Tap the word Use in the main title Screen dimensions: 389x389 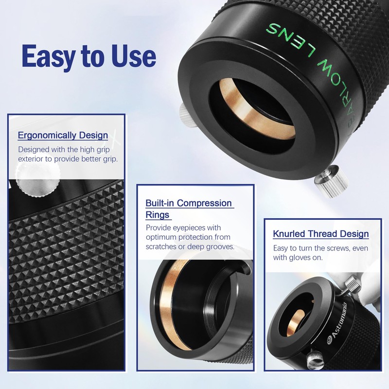[x=133, y=56]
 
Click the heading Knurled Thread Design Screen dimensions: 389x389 [x=320, y=234]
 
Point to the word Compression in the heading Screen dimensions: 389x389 [x=204, y=203]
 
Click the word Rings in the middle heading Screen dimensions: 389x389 [x=159, y=214]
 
